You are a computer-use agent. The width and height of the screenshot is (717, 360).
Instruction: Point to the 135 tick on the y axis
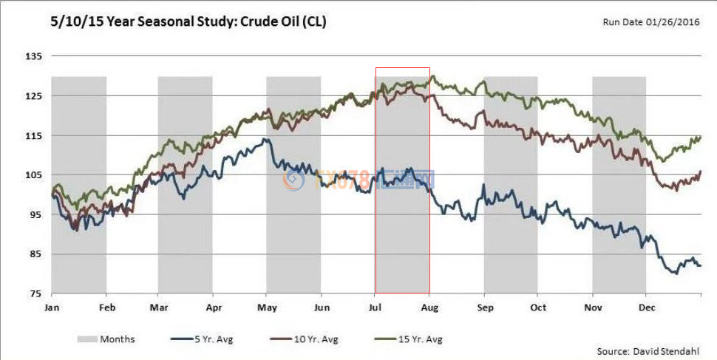pos(33,57)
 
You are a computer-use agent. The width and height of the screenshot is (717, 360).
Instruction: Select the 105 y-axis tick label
pos(33,175)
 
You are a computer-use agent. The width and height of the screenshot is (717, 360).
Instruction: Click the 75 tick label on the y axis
pos(35,293)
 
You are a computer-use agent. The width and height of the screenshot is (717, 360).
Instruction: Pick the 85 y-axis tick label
pos(35,254)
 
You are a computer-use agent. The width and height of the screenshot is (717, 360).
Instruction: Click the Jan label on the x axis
pos(52,306)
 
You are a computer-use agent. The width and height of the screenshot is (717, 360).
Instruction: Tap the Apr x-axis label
pos(214,306)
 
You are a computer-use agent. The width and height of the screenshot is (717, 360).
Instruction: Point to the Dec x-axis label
pos(647,306)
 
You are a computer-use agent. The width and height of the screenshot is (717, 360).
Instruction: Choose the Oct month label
pos(538,306)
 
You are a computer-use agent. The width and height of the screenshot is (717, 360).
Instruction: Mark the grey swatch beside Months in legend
pos(87,339)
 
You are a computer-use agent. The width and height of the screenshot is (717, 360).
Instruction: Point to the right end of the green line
pos(701,137)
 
